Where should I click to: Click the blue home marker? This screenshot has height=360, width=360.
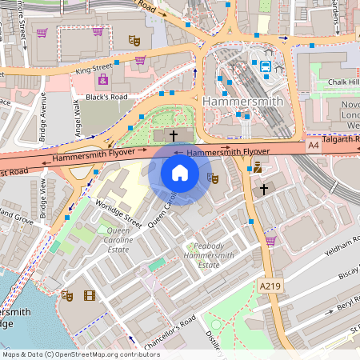180,173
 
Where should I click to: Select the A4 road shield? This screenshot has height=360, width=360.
314,147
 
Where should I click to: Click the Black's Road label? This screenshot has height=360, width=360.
106,97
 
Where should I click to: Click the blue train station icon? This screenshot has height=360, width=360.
264,66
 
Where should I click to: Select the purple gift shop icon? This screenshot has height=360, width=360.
102,79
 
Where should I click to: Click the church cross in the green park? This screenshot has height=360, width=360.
172,137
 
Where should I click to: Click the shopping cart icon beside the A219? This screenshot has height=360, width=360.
270,240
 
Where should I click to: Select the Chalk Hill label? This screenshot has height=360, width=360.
344,82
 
